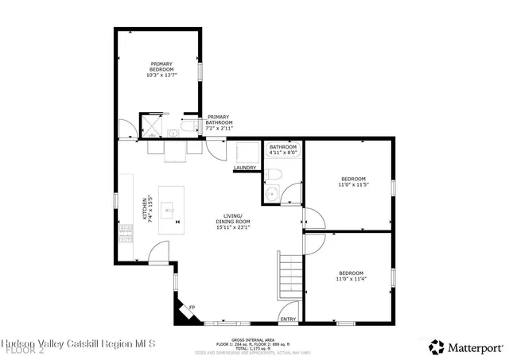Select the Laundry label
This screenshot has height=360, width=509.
244,168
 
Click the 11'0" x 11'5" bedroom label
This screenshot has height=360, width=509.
353,182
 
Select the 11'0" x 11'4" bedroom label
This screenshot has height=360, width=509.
351,276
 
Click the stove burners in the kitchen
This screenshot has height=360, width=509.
125,232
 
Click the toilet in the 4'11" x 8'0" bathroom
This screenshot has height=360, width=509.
273,174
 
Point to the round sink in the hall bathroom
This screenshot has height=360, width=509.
271,192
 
